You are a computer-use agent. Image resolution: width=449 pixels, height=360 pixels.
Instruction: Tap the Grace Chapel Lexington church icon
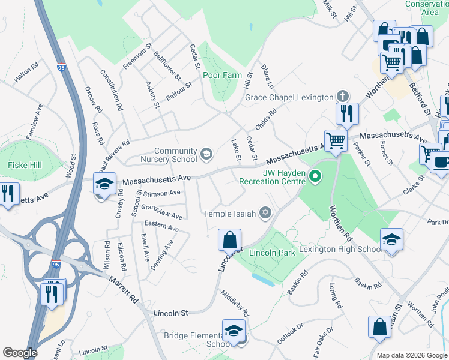click(342, 97)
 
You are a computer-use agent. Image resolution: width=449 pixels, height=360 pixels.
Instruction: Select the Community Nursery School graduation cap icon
click(206, 155)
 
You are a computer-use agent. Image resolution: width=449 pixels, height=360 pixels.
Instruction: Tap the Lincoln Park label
click(272, 253)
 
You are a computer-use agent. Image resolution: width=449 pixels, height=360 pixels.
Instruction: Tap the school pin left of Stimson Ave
click(104, 184)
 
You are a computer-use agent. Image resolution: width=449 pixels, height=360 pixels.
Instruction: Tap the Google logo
click(20, 353)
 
